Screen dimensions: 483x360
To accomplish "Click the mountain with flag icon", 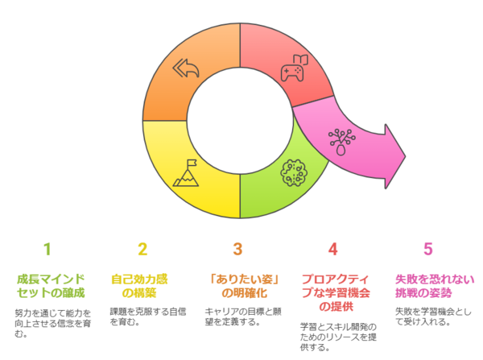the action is pos(186,173).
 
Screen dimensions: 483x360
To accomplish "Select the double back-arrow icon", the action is pos(186,68).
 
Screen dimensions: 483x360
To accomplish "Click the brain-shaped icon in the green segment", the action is pos(294,173).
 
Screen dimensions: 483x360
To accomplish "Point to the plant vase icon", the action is pos(341,142).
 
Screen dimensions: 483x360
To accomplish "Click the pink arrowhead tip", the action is pos(406,156).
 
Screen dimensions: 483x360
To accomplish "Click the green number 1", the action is pos(47,249).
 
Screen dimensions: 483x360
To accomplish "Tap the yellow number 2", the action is pos(142,249).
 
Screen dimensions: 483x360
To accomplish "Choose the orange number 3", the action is pos(237,249).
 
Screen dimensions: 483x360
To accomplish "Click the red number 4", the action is pos(332,249).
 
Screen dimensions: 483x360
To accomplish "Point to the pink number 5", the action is pos(428,249).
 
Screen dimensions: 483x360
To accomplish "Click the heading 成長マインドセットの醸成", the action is pos(51,286).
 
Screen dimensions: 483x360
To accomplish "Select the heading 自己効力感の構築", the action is pos(139,286).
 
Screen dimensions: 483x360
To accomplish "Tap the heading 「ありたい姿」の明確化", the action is pos(244,286).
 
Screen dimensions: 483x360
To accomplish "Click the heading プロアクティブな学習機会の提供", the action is pos(336,293).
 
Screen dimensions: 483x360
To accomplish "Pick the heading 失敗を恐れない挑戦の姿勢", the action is pos(435,286).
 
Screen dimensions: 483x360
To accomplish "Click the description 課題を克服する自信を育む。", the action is pos(148,317).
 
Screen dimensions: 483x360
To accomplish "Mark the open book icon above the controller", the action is pos(300,60).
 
